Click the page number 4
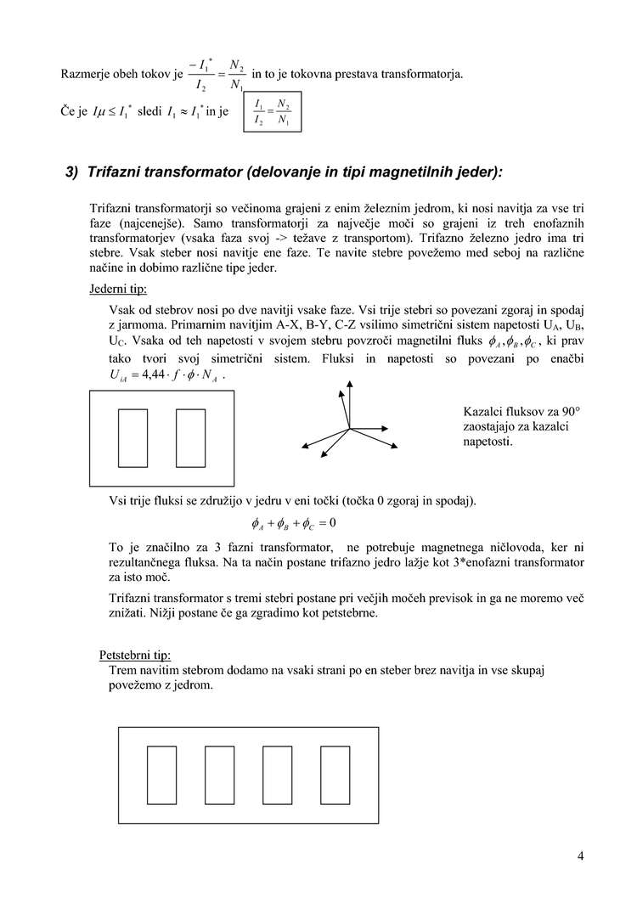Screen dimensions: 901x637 coord(580,855)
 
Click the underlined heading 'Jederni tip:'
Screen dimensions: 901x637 coord(118,289)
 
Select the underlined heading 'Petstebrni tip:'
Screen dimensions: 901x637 coord(135,655)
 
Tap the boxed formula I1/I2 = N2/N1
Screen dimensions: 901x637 coord(273,112)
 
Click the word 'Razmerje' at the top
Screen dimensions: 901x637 coord(86,75)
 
